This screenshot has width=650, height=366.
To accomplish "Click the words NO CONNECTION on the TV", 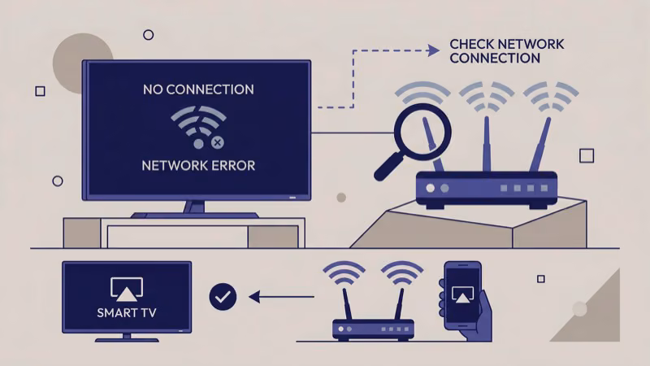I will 198,89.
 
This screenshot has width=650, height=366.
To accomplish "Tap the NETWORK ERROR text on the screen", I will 198,165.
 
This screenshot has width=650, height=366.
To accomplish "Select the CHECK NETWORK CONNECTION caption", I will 494,50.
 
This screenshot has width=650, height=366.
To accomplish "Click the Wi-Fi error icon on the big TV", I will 198,126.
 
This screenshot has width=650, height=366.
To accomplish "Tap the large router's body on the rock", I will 487,188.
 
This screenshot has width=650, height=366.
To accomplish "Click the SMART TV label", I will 126,312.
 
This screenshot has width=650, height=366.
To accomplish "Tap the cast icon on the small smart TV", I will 126,287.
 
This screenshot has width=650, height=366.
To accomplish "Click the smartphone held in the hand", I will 461,292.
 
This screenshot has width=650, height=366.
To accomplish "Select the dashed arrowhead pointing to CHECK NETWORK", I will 434,50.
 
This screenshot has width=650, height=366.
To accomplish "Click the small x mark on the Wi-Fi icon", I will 217,143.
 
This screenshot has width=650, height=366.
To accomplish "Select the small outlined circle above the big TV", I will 148,34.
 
